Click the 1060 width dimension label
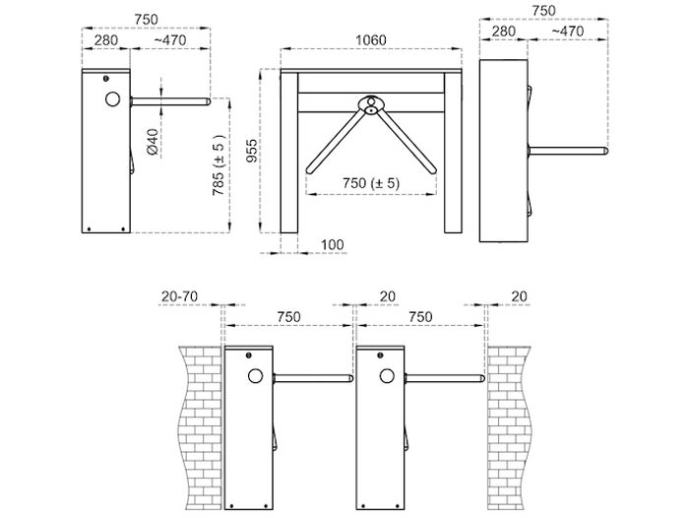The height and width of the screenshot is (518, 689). click(x=370, y=40)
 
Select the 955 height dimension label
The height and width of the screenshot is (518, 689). click(x=251, y=151)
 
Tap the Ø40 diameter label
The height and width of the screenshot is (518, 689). click(x=152, y=142)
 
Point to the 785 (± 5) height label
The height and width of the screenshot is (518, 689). click(x=219, y=164)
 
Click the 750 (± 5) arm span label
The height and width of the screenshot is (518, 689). click(x=371, y=182)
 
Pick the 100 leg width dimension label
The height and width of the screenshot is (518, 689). click(x=333, y=244)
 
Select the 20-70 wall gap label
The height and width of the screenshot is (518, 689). click(x=179, y=296)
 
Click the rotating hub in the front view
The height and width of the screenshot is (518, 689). click(x=371, y=104)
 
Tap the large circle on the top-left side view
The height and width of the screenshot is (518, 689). click(x=112, y=98)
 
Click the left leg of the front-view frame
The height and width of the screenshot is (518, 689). click(x=289, y=153)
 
